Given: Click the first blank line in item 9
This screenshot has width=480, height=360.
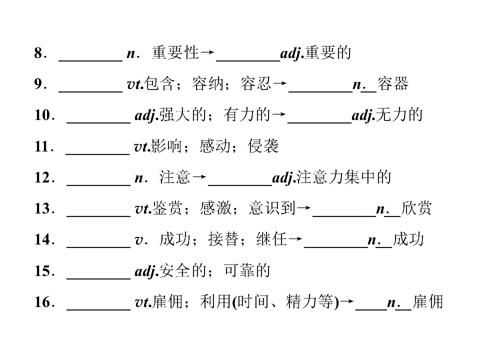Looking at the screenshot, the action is (x=90, y=91).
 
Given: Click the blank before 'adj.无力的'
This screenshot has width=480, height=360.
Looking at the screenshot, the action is (x=319, y=122).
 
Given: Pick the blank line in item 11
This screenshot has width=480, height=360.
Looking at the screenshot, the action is (x=97, y=153).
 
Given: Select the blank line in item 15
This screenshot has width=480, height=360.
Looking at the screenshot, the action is (x=98, y=278).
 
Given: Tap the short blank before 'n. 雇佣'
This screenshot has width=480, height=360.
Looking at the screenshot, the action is (x=371, y=309).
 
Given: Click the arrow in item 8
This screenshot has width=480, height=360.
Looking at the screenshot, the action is (x=207, y=52).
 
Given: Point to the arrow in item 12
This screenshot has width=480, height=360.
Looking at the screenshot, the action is (x=199, y=176).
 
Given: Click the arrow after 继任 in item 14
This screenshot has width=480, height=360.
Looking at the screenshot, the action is (x=295, y=239).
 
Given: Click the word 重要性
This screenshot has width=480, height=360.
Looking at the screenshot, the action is (x=175, y=52).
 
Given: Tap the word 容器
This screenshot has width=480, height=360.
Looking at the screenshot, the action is (x=393, y=84).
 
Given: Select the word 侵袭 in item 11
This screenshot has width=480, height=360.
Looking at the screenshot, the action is (x=263, y=146).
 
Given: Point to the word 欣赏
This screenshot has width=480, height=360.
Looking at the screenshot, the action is (x=416, y=208).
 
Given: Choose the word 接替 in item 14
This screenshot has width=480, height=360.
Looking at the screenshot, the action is (x=223, y=239).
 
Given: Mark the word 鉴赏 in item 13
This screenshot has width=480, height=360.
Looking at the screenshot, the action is (x=167, y=208).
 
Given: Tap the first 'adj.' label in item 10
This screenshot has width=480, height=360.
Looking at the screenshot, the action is (x=146, y=115).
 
